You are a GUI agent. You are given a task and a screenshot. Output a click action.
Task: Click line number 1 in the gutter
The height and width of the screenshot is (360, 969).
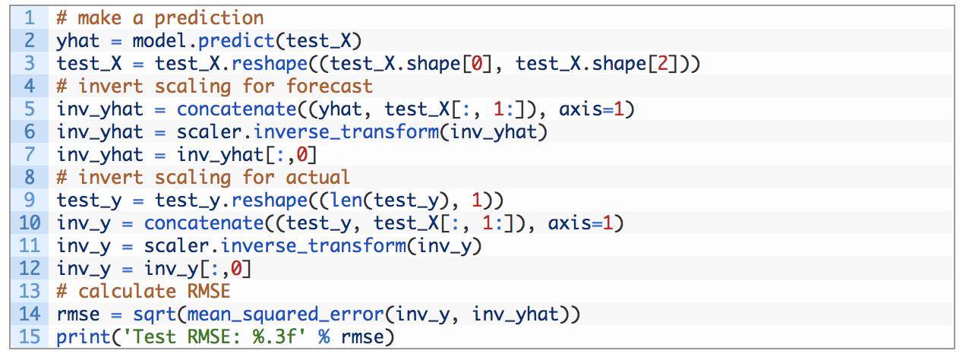[x=30, y=17]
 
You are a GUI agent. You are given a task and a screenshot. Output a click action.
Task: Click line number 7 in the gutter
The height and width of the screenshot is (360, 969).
[x=30, y=154]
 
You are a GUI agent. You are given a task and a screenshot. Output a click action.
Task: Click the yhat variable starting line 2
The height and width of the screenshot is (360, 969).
[x=78, y=40]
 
